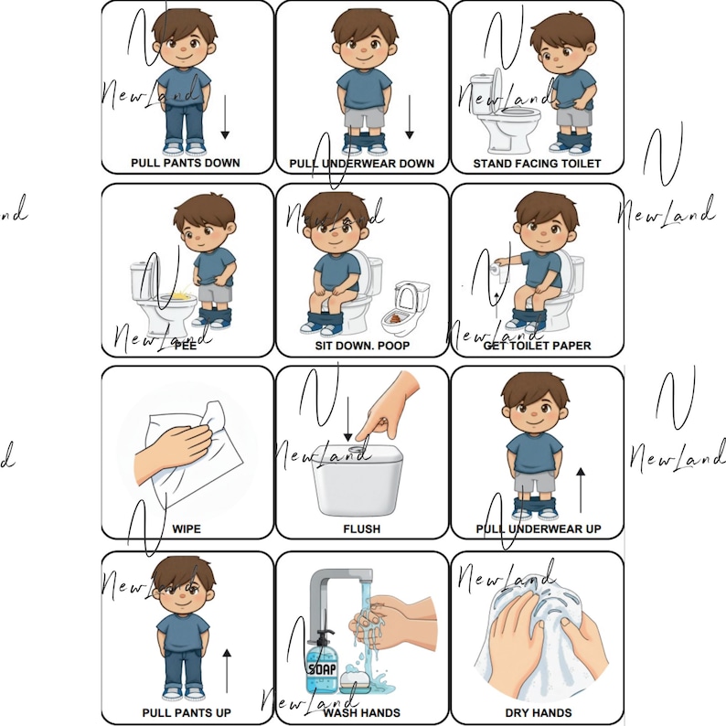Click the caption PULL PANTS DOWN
185,163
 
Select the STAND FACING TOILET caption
537,164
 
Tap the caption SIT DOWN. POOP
361,347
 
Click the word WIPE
186,528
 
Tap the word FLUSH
361,528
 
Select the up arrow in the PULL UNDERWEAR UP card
580,489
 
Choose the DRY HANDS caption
538,712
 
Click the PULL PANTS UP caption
186,712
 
